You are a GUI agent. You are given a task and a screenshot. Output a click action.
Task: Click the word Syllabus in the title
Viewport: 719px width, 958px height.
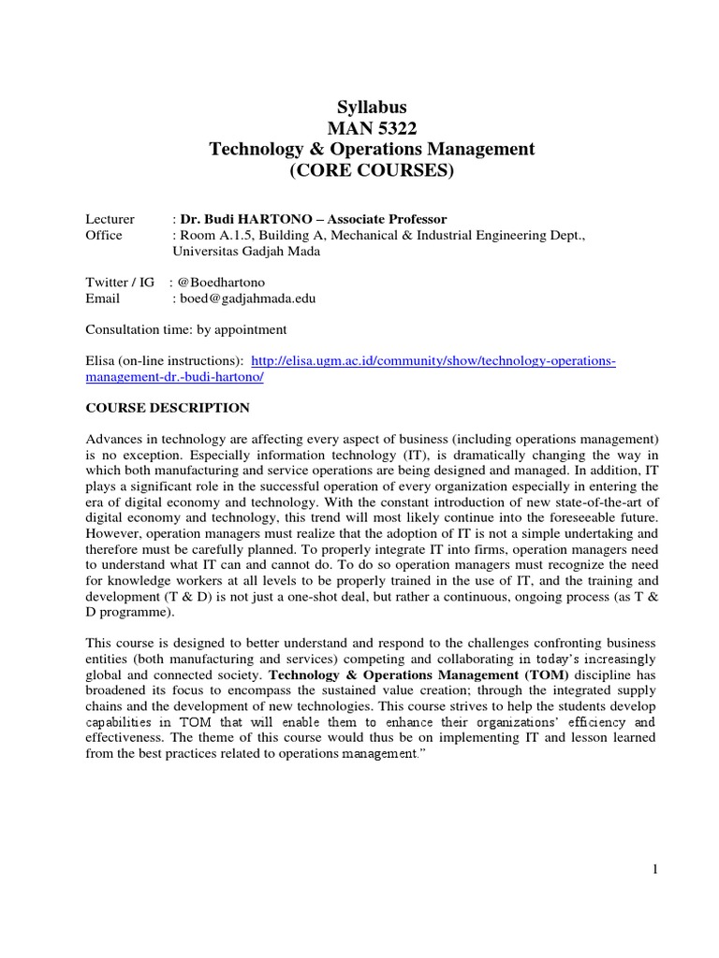click(371, 108)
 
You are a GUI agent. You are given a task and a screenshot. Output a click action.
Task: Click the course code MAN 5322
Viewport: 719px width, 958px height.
click(371, 128)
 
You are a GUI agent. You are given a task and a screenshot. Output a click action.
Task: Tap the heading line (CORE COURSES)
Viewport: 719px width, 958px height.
click(371, 170)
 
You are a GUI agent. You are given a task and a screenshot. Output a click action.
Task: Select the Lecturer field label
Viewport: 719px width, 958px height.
click(110, 218)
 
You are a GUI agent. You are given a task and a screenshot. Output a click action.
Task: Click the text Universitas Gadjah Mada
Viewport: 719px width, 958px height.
click(246, 251)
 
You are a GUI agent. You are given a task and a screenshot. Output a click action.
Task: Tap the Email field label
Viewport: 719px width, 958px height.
click(103, 298)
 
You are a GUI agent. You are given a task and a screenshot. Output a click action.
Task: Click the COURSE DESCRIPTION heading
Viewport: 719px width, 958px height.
click(168, 408)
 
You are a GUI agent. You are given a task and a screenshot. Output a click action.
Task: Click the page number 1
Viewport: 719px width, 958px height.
click(655, 869)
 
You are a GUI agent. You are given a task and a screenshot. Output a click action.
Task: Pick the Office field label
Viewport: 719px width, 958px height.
click(104, 235)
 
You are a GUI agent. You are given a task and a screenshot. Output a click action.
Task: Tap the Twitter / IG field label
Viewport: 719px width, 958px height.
click(118, 282)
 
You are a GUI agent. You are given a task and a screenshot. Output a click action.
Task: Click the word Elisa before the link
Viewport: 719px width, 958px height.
click(100, 360)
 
